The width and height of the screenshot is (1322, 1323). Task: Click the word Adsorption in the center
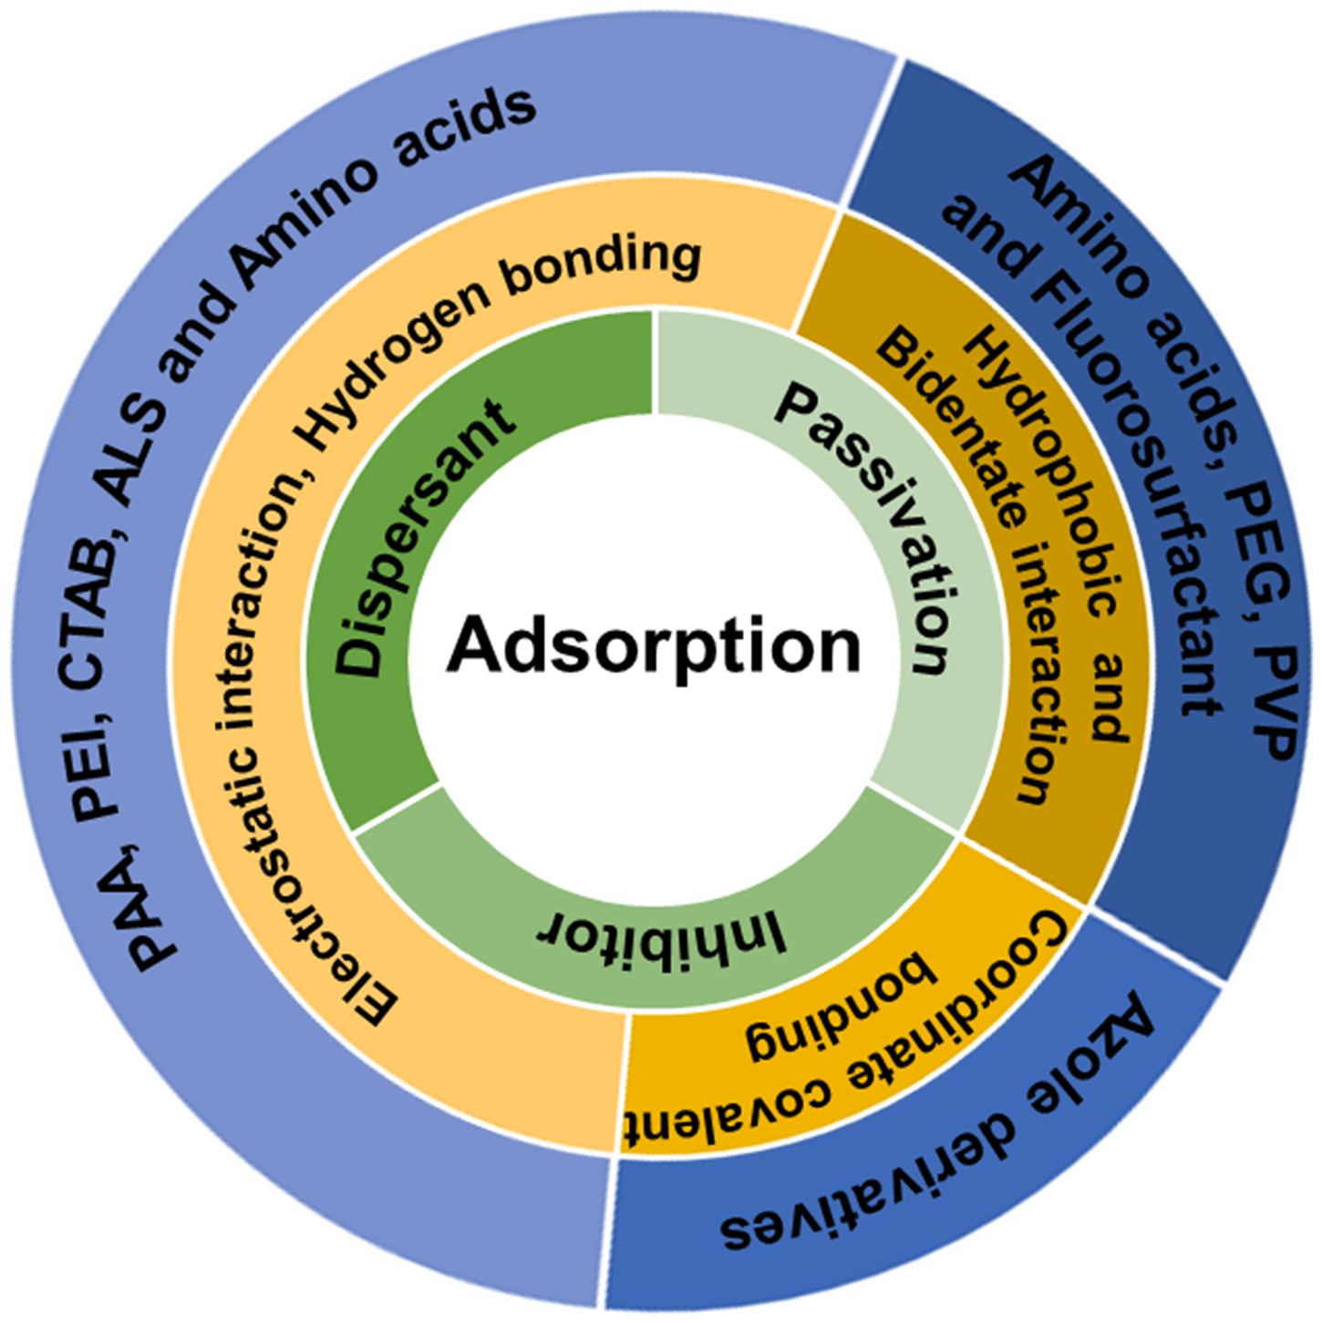pos(654,646)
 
